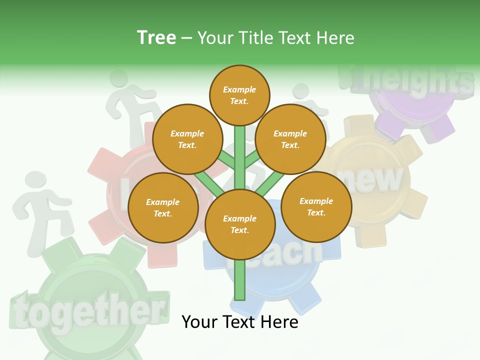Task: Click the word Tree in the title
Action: point(156,37)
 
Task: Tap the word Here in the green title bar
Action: point(335,38)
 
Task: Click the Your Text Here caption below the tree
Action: point(239,322)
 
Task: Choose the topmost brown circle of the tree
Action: point(239,95)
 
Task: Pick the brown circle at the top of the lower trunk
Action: point(240,224)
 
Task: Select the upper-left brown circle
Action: point(187,139)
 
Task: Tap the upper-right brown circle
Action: point(290,139)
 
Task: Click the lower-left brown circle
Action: point(163,207)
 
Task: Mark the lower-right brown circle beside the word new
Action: point(316,206)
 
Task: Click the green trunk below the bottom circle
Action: point(240,280)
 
